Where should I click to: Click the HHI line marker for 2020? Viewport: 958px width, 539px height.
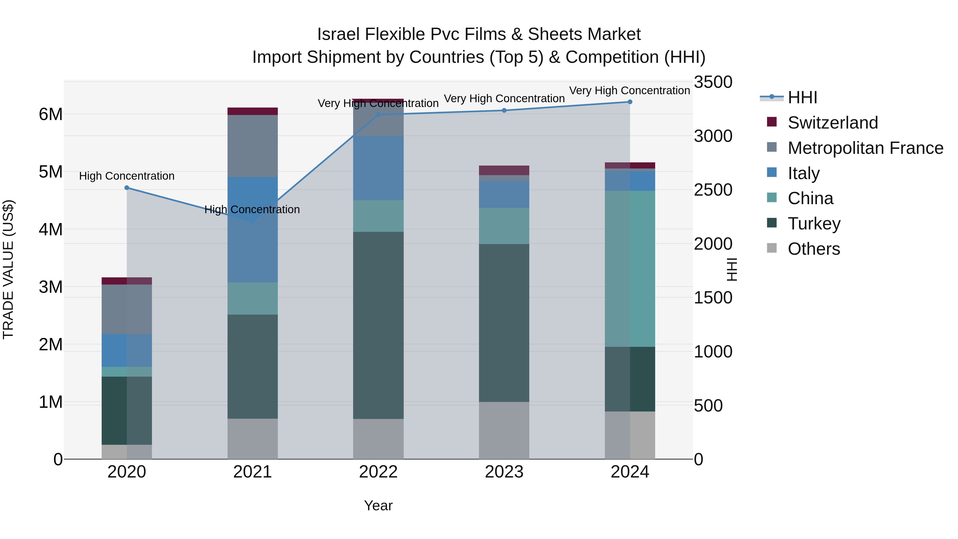(x=127, y=188)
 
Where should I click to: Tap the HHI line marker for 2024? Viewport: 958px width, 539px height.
(x=630, y=102)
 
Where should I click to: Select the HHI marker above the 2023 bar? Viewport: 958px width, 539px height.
(x=504, y=110)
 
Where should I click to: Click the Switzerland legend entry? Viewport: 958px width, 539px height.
(x=832, y=123)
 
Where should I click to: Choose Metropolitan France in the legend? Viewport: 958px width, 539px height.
(x=865, y=148)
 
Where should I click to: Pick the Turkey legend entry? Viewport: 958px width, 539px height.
(x=814, y=224)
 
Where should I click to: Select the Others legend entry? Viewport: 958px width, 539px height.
(x=813, y=249)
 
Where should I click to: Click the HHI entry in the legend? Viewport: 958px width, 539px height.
(x=802, y=97)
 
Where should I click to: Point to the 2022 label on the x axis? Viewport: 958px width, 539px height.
(x=378, y=472)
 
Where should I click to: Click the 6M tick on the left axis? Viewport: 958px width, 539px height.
(x=51, y=114)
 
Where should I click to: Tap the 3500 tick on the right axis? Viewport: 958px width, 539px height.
(x=713, y=82)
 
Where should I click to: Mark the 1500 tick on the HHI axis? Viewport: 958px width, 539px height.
(x=713, y=298)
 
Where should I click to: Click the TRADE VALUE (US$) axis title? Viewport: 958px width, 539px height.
(x=8, y=270)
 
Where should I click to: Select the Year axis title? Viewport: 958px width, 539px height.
(x=378, y=505)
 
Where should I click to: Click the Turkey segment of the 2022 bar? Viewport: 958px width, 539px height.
(x=378, y=326)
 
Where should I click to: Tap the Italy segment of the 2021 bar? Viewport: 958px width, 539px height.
(x=253, y=229)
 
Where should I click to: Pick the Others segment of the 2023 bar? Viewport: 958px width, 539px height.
(x=504, y=430)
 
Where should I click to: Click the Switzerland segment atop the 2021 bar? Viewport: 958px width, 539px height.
(x=253, y=111)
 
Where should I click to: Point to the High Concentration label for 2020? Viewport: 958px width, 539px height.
(x=127, y=176)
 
